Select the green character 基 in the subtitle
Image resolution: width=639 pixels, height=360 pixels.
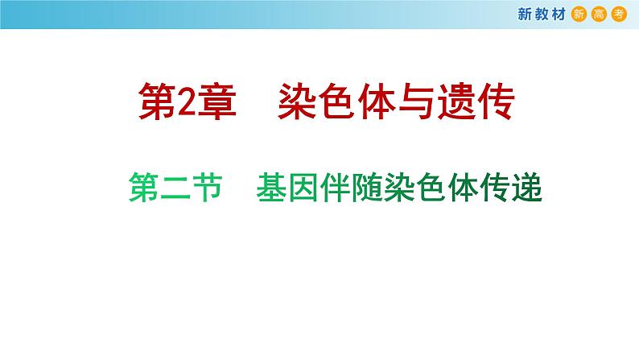271,192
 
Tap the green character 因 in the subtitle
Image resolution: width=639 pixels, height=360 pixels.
304,192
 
